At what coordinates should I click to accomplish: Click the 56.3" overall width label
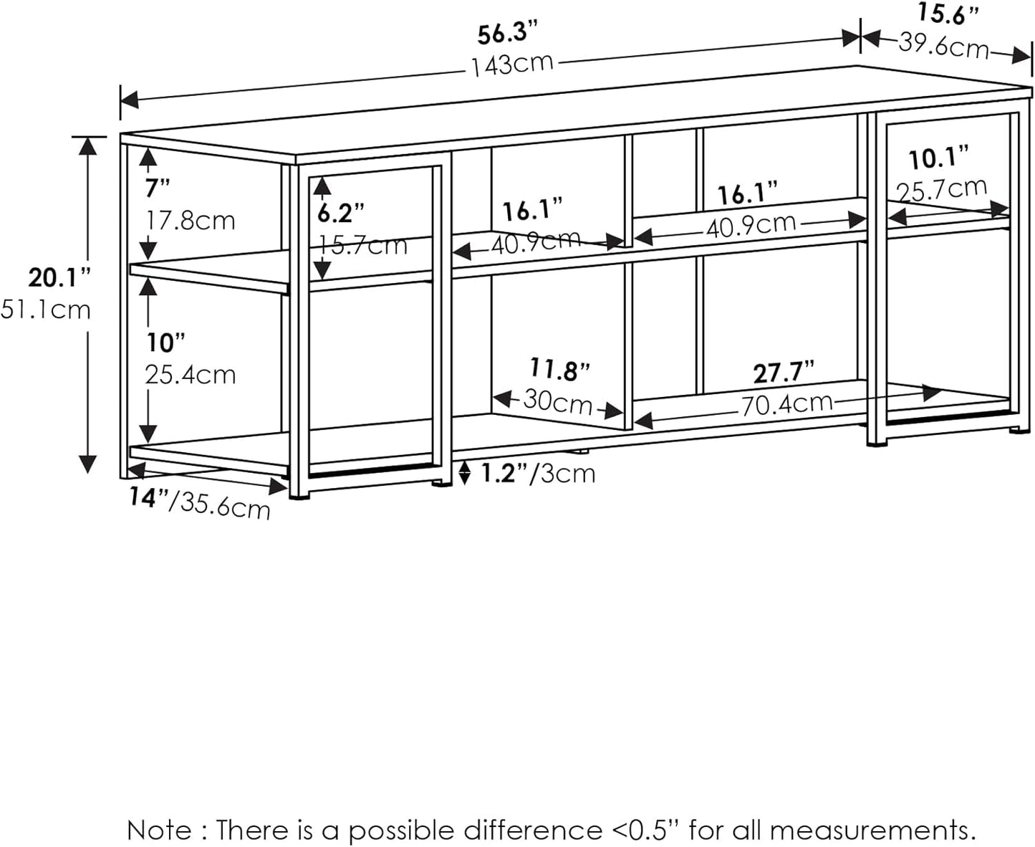507,34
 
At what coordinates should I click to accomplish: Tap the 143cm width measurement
512,64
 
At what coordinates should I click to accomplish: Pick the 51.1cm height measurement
46,310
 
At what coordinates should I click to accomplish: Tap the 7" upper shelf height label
158,189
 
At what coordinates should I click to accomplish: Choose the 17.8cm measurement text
191,220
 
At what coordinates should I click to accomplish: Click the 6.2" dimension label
341,213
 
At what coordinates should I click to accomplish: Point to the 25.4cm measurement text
191,375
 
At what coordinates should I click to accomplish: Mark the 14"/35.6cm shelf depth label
200,502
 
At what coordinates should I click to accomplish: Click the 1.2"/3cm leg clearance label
537,473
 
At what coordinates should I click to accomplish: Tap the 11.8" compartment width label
559,370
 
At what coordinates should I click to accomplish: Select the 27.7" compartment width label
784,373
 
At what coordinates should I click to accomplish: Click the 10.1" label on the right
938,158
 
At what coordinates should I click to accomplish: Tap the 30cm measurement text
558,401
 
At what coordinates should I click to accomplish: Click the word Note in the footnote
158,830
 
